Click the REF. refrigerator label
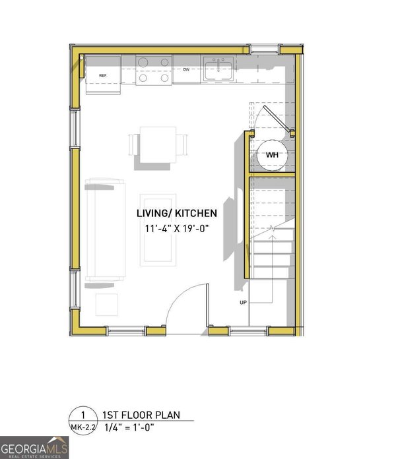(x=103, y=76)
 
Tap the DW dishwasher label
(x=187, y=70)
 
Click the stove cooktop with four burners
(x=154, y=70)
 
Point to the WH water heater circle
(x=273, y=155)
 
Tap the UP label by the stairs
(x=244, y=302)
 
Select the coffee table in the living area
(x=158, y=229)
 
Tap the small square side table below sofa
(x=107, y=305)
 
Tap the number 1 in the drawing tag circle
(x=82, y=415)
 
